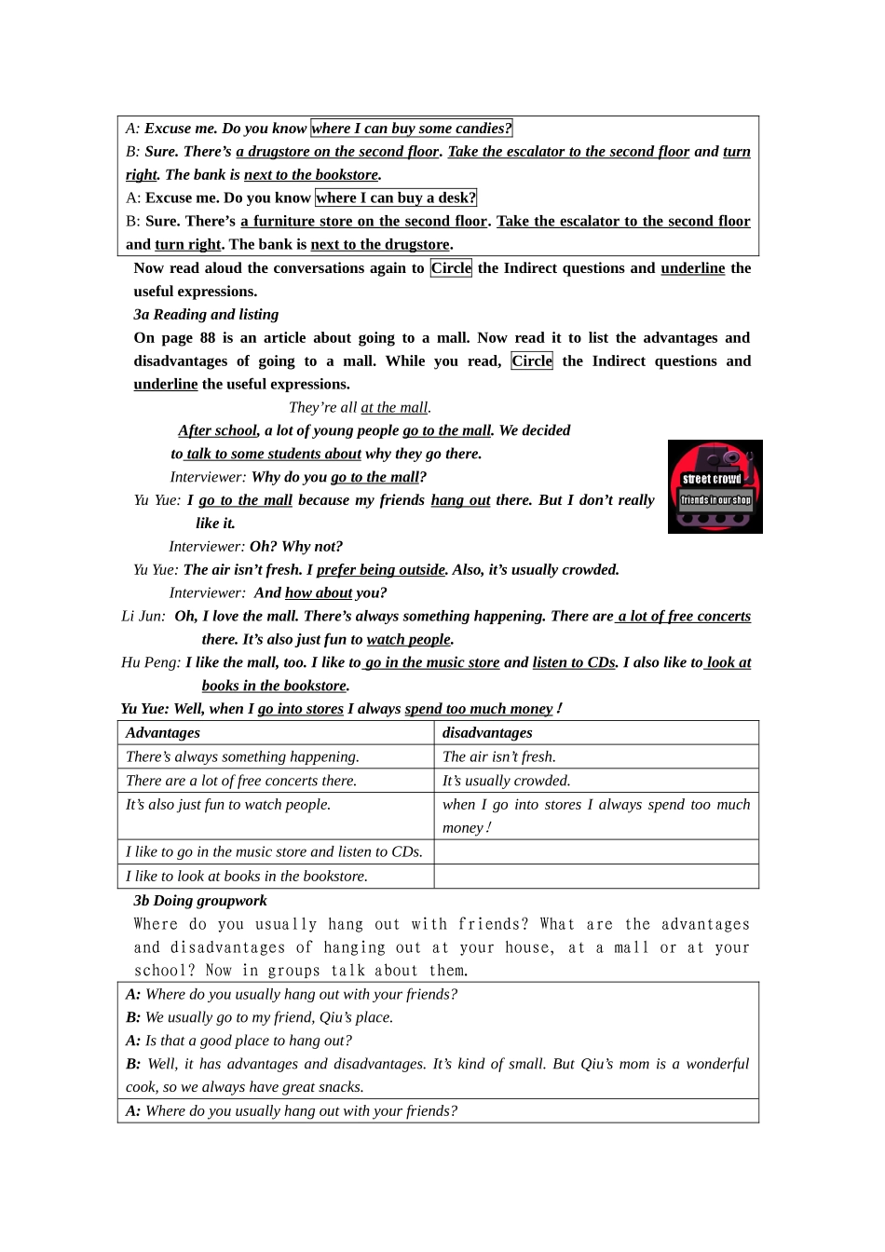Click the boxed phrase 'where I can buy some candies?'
coord(411,129)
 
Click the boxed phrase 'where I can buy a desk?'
coord(396,197)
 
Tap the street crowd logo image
coord(715,487)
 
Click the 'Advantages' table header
coord(163,733)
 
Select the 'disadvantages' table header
coord(487,733)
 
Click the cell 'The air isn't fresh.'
coord(499,757)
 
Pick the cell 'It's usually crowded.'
coord(507,782)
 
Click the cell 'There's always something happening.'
coord(242,757)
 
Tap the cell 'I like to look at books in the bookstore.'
coord(247,877)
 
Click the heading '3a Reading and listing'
coord(206,315)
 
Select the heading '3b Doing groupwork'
coord(200,901)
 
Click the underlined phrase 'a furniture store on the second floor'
coord(363,222)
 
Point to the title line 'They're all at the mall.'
coord(360,408)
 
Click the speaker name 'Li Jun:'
coord(143,617)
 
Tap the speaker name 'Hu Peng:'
coord(151,663)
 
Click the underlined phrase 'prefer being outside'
coord(380,570)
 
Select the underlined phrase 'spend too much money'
coord(478,710)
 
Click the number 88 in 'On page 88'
coord(207,338)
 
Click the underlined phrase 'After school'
coord(217,430)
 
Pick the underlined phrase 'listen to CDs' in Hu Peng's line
coord(574,663)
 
